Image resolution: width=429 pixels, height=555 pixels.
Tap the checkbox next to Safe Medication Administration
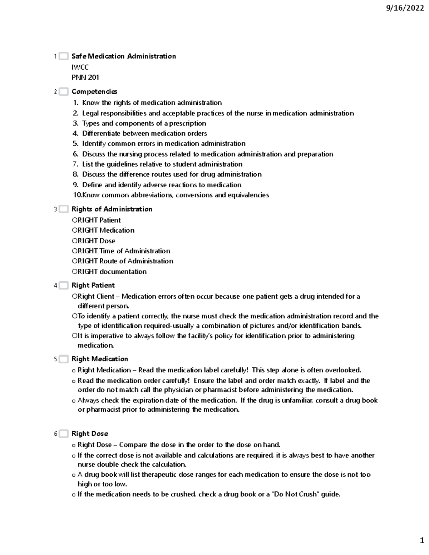(64, 56)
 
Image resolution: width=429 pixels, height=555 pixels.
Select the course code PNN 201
(85, 77)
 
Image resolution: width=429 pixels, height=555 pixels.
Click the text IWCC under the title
(80, 67)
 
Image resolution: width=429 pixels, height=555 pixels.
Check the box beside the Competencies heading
(64, 92)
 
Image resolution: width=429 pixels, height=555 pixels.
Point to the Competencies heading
(94, 92)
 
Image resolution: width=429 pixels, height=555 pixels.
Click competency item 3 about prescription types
(144, 123)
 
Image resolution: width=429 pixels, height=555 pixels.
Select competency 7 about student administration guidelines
(162, 164)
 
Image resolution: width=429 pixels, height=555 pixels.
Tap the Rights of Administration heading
(112, 209)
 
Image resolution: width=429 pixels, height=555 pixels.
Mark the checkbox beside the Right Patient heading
(64, 286)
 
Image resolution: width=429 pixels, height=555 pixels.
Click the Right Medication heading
(100, 359)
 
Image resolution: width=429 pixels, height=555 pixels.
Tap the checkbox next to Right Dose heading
(64, 434)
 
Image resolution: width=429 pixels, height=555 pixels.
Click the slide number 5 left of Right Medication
(55, 359)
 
